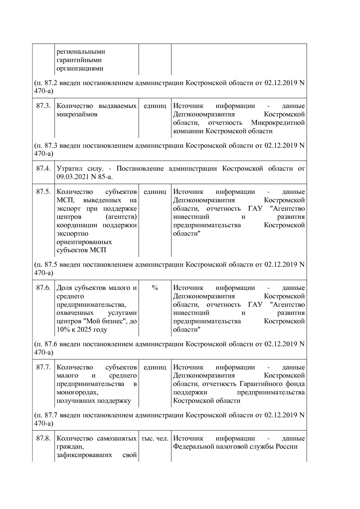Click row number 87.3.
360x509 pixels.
pos(43,106)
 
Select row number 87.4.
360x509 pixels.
pos(43,169)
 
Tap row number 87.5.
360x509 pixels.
pos(43,192)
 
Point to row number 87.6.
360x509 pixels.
pos(43,288)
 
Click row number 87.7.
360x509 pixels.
pos(43,367)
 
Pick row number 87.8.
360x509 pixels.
pos(43,438)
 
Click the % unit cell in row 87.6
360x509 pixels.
pos(155,288)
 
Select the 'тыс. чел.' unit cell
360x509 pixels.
pos(155,438)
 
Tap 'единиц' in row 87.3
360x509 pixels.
pos(155,106)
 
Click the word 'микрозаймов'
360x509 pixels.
pos(77,114)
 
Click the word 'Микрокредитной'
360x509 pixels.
pos(278,123)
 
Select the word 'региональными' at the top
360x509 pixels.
pos(81,52)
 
